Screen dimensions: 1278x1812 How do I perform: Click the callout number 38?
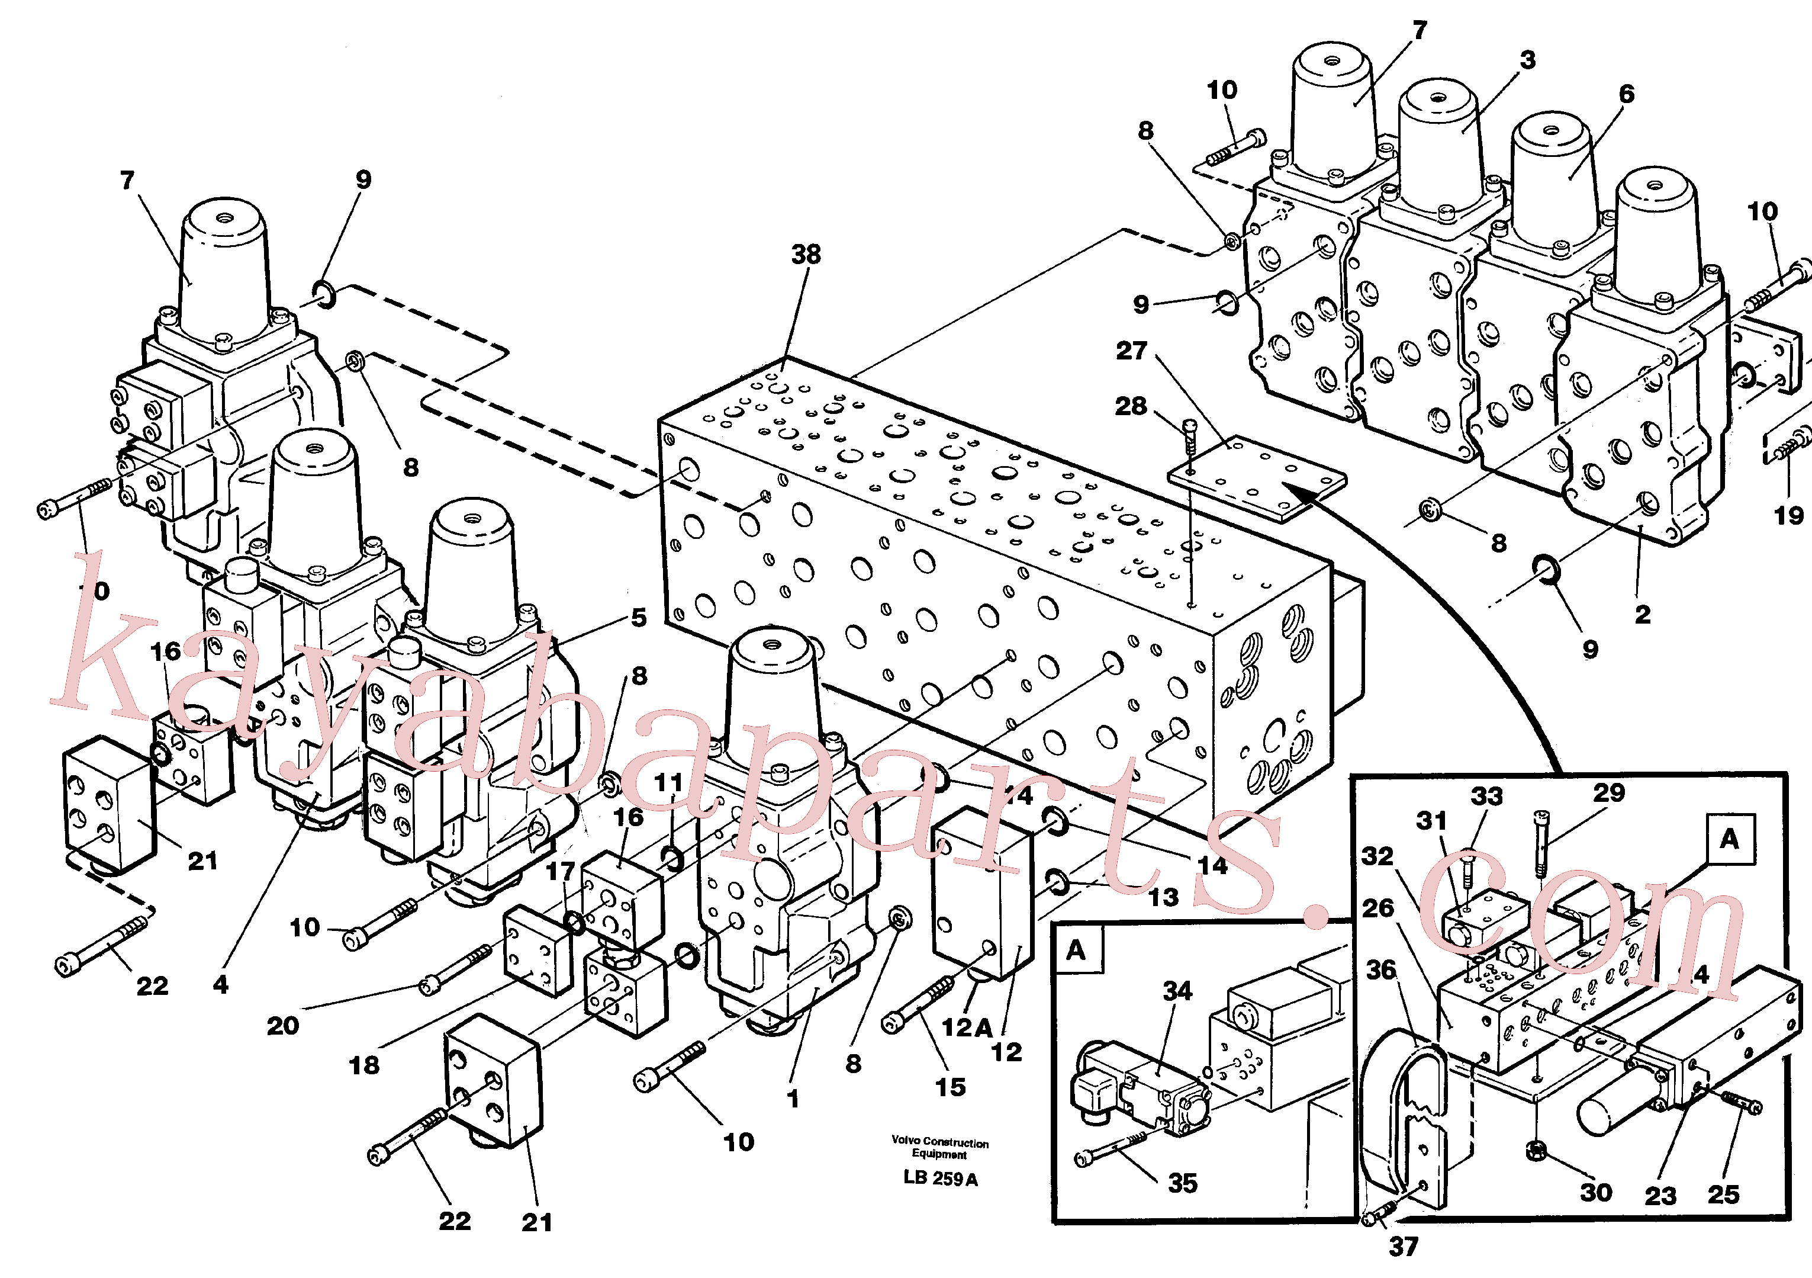[x=806, y=255]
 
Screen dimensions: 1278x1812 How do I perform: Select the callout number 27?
[x=1131, y=351]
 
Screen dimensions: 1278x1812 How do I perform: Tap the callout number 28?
[x=1130, y=406]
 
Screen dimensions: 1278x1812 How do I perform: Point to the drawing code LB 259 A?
[x=940, y=1179]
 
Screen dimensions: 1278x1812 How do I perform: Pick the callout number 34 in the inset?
[x=1177, y=991]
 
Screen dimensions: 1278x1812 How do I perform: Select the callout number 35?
[x=1182, y=1183]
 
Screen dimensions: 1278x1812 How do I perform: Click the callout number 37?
[x=1403, y=1247]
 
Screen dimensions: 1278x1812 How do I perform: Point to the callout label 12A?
[x=967, y=1027]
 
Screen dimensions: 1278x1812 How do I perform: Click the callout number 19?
[x=1788, y=515]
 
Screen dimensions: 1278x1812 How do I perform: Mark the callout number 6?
[x=1627, y=94]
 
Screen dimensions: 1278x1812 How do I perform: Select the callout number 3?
[x=1528, y=60]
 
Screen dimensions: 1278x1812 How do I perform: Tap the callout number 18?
[x=364, y=1065]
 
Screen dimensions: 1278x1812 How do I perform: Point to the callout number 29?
[x=1608, y=792]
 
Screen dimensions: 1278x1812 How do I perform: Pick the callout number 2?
[x=1642, y=614]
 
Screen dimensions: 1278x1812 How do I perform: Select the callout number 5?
[x=639, y=617]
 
